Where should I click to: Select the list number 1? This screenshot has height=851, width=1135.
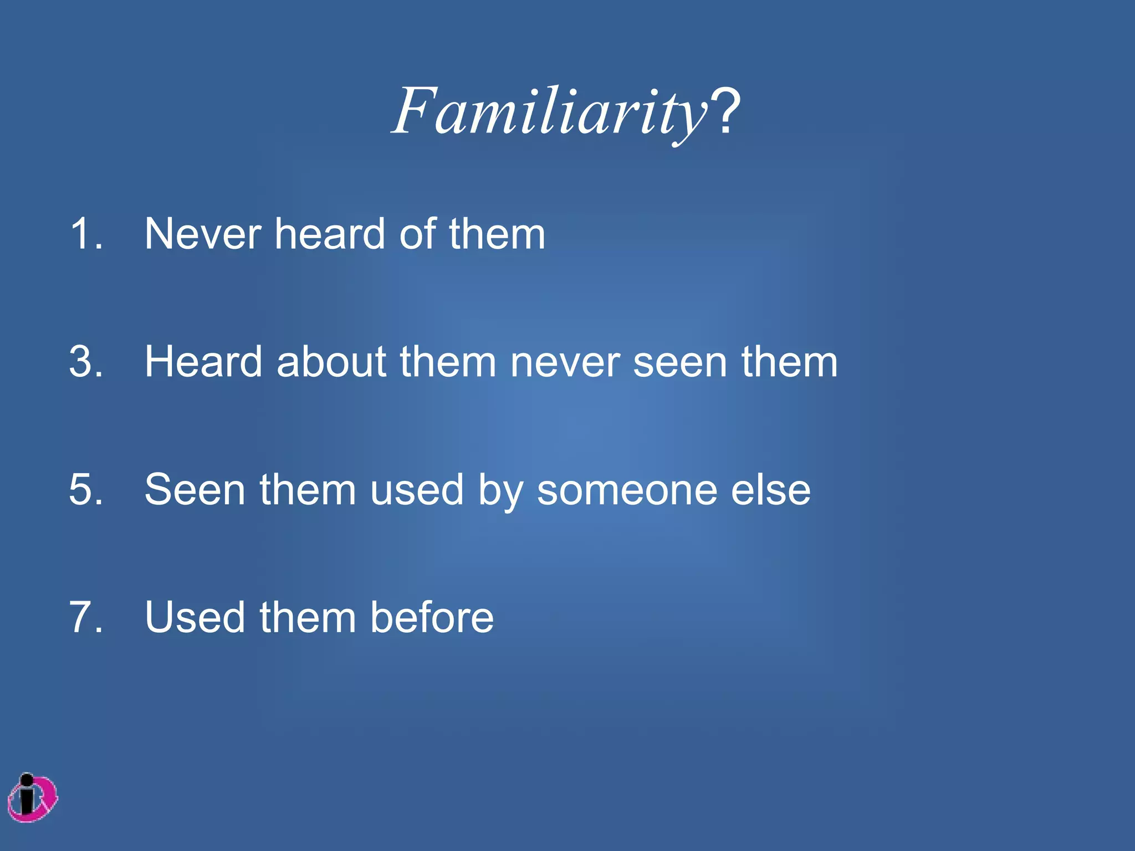pos(86,234)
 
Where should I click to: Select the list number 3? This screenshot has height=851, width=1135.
pos(86,362)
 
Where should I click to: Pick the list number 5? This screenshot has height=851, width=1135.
pos(86,490)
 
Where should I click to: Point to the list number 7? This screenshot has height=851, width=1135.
pos(86,617)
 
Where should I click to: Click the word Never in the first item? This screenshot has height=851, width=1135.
pos(202,234)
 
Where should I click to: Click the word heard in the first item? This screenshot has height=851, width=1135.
pos(330,234)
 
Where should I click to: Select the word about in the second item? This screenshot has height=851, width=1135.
pos(331,362)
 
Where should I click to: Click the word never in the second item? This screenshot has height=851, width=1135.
pos(565,362)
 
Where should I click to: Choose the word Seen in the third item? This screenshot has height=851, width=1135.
pos(195,490)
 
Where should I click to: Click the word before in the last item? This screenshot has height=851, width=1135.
pos(432,617)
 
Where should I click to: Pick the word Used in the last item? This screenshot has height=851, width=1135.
pos(195,617)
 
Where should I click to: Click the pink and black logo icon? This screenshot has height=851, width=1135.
pos(33,798)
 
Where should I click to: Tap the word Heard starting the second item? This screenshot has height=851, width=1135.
pos(203,362)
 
